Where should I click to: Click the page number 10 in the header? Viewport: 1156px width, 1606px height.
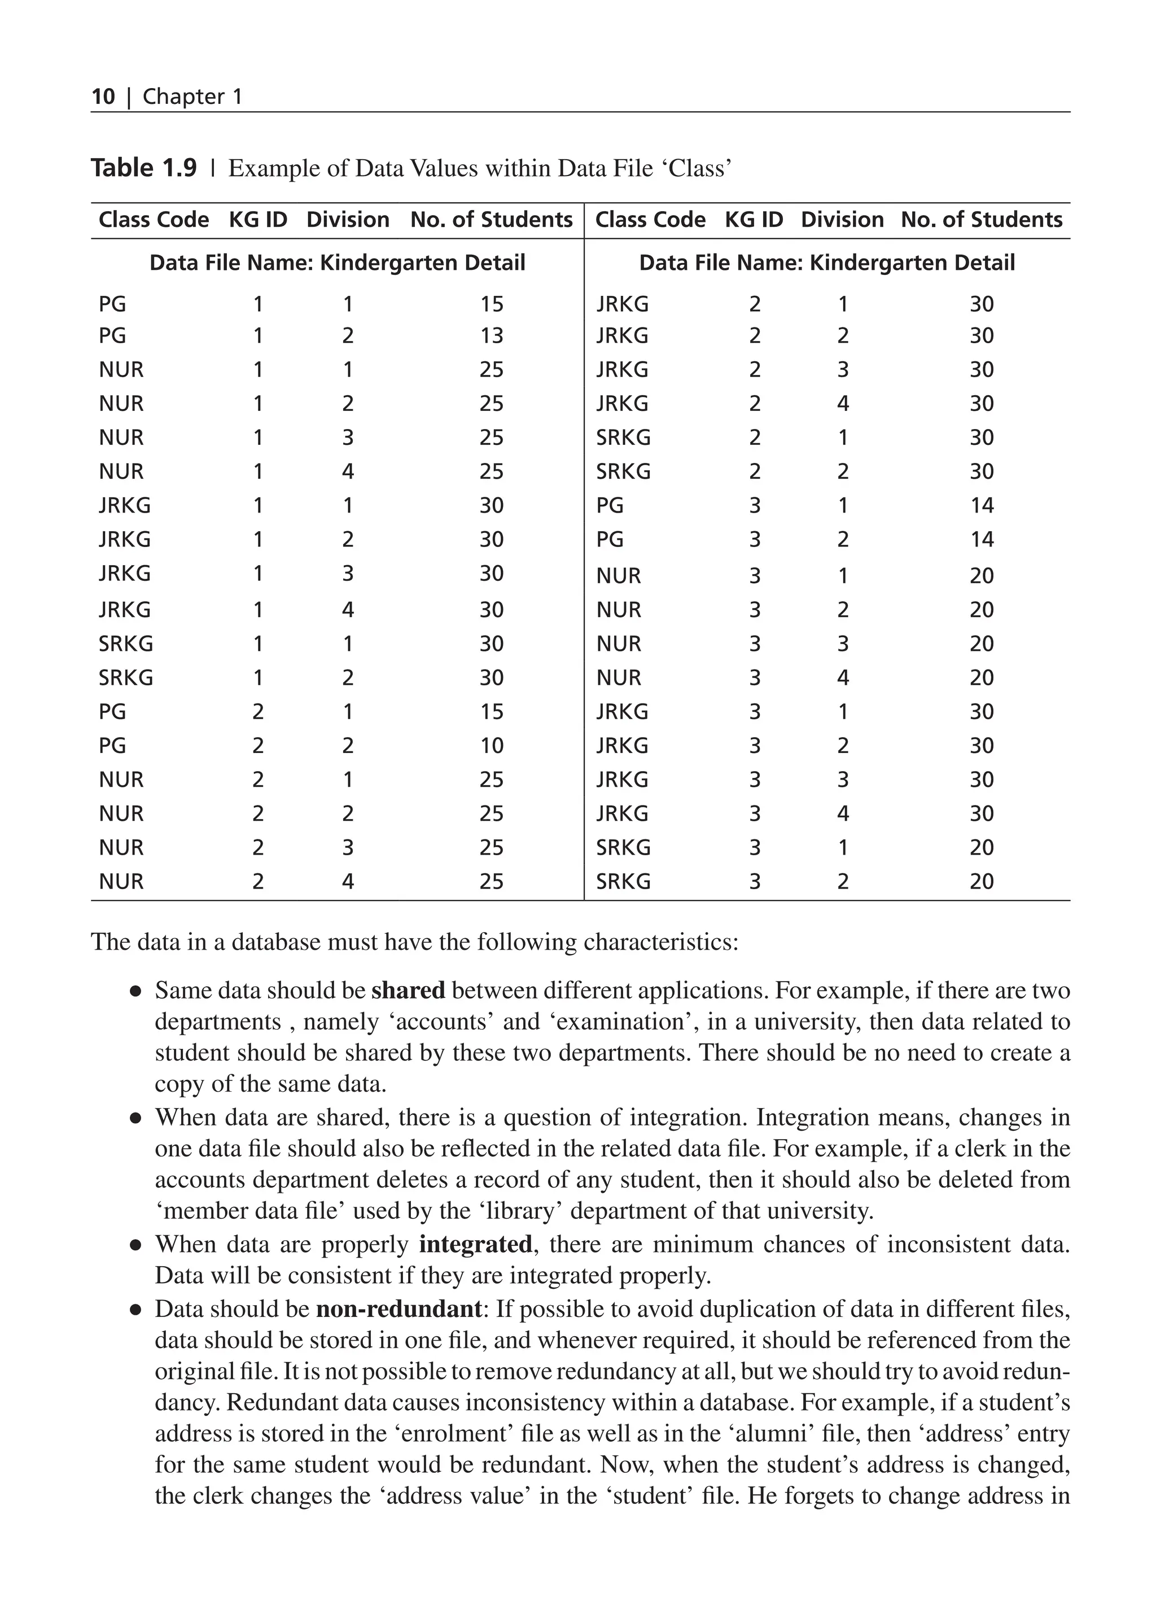pyautogui.click(x=103, y=97)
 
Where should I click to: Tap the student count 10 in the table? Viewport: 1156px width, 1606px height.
pyautogui.click(x=491, y=745)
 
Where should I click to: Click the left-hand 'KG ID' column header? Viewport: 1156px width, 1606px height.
pyautogui.click(x=258, y=220)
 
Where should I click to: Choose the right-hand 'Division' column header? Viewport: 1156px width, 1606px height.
pyautogui.click(x=842, y=220)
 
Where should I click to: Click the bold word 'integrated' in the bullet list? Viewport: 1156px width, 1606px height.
pyautogui.click(x=475, y=1244)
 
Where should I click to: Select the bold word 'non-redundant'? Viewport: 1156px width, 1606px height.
pyautogui.click(x=399, y=1309)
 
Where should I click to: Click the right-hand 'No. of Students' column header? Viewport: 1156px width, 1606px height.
pyautogui.click(x=981, y=220)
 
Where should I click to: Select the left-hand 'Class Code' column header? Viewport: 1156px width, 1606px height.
pyautogui.click(x=154, y=220)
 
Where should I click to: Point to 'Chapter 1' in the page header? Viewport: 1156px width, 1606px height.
pyautogui.click(x=192, y=97)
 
